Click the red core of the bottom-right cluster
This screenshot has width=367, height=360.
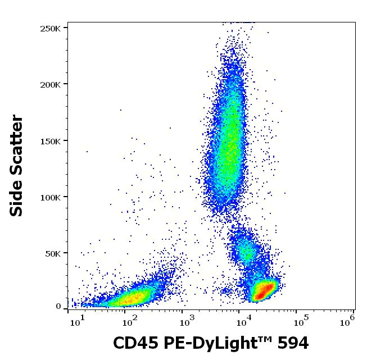pyautogui.click(x=262, y=290)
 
